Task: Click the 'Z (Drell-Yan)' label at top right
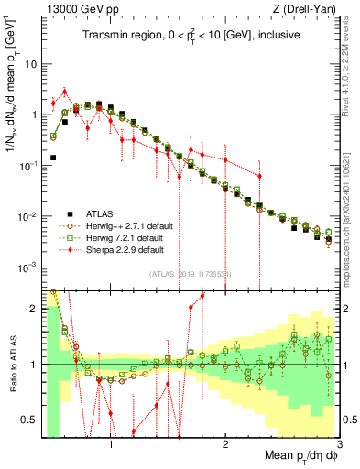pyautogui.click(x=308, y=9)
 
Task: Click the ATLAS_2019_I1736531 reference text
pyautogui.click(x=194, y=274)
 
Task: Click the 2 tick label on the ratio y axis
pyautogui.click(x=32, y=309)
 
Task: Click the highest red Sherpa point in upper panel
pyautogui.click(x=65, y=92)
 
